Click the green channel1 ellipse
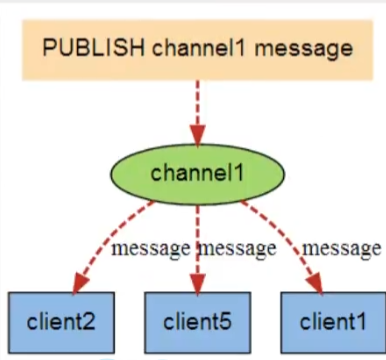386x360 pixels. pos(196,172)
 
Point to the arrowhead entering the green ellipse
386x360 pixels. pos(196,137)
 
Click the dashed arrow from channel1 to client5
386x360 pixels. pos(196,240)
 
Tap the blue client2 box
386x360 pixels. pos(60,321)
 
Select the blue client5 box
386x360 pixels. pos(196,321)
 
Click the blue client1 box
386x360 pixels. pos(328,321)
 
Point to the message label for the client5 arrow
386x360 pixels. pos(238,247)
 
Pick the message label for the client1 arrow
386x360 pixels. pos(342,247)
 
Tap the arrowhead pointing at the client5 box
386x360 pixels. pos(196,285)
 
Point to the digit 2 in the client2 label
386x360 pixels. pos(93,322)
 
